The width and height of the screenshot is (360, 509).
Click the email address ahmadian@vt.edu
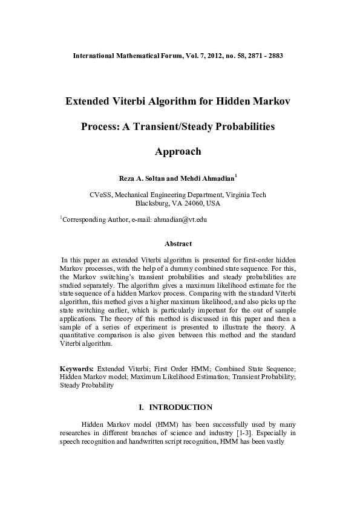[181, 219]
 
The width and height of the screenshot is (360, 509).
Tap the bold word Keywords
[76, 368]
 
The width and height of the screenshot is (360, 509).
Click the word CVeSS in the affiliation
[100, 195]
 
